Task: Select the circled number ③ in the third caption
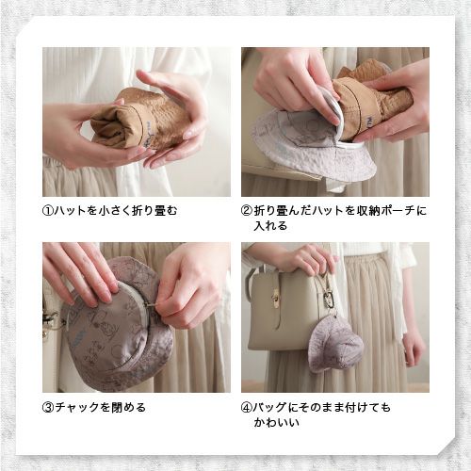click(48, 408)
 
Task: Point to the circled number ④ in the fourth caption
click(247, 408)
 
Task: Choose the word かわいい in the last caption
click(277, 424)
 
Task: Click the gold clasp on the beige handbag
click(276, 300)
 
